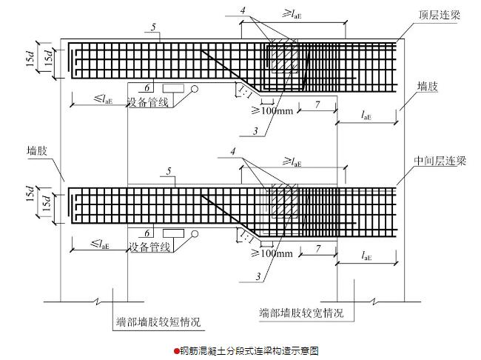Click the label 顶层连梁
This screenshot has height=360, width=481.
click(x=440, y=14)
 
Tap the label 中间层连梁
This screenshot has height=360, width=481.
click(x=440, y=161)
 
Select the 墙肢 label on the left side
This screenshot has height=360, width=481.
click(x=37, y=151)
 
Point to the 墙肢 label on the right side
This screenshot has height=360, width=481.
click(x=427, y=87)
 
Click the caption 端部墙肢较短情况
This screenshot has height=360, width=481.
click(x=158, y=321)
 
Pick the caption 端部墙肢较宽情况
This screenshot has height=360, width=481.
click(x=301, y=313)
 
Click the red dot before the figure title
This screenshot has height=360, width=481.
click(x=176, y=351)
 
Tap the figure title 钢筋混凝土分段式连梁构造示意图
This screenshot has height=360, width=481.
click(x=249, y=351)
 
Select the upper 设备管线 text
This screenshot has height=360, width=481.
click(x=148, y=102)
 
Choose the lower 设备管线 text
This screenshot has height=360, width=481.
click(x=149, y=247)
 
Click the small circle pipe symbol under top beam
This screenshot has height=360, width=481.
click(x=195, y=89)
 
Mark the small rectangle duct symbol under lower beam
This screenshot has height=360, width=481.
click(x=173, y=233)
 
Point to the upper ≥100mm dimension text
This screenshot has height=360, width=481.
click(x=272, y=110)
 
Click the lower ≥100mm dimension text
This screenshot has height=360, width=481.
click(x=272, y=253)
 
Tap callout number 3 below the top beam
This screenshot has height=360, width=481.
click(x=255, y=131)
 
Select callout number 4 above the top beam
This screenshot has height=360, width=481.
click(x=243, y=10)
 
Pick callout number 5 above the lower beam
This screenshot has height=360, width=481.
click(x=169, y=171)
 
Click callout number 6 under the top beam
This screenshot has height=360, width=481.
click(x=147, y=88)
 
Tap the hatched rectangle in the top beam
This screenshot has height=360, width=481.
click(x=284, y=56)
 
